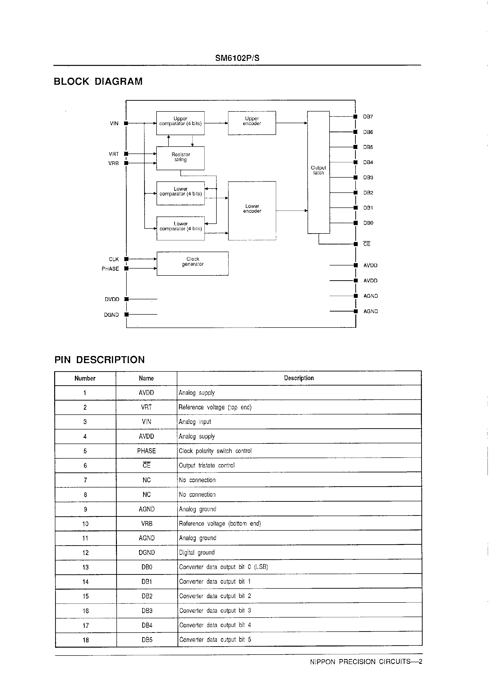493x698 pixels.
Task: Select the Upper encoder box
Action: click(252, 123)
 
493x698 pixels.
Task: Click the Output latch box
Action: click(318, 172)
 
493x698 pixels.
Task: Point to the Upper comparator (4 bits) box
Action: click(180, 123)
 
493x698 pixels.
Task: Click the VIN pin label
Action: click(114, 123)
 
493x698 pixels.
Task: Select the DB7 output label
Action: click(368, 117)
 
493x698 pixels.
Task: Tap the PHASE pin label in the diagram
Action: click(110, 269)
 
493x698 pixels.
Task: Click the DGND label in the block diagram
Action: click(111, 315)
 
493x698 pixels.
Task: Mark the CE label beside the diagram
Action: click(367, 244)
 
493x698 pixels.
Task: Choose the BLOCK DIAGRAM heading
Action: click(98, 81)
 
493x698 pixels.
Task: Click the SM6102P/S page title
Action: click(237, 58)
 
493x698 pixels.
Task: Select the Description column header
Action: click(299, 378)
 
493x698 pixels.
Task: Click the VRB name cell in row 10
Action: click(147, 523)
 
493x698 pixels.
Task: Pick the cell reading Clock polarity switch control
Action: click(215, 451)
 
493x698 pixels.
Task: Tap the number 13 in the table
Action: click(85, 567)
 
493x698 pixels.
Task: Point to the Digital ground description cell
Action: click(197, 552)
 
